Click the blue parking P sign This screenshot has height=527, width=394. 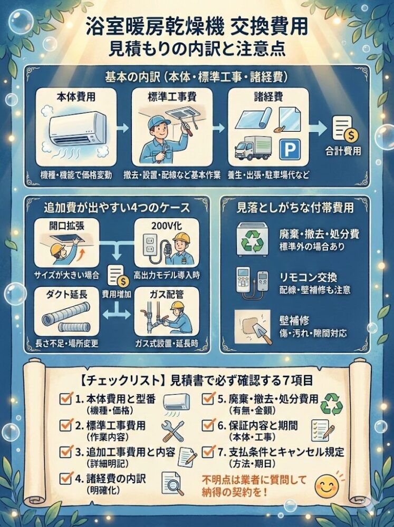(290, 149)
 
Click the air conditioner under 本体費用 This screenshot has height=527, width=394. (77, 129)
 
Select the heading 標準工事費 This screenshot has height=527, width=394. (172, 97)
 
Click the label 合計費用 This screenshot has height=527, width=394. (343, 151)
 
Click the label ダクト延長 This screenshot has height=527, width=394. (66, 295)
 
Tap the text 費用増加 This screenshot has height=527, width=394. (117, 294)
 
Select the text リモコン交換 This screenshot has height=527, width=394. (308, 277)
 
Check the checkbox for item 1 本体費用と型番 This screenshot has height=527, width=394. (65, 399)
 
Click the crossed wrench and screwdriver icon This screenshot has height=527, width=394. (173, 431)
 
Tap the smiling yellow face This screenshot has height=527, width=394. (326, 486)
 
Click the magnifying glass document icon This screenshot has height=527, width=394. (173, 484)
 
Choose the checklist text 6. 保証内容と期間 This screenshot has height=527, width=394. (258, 425)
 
